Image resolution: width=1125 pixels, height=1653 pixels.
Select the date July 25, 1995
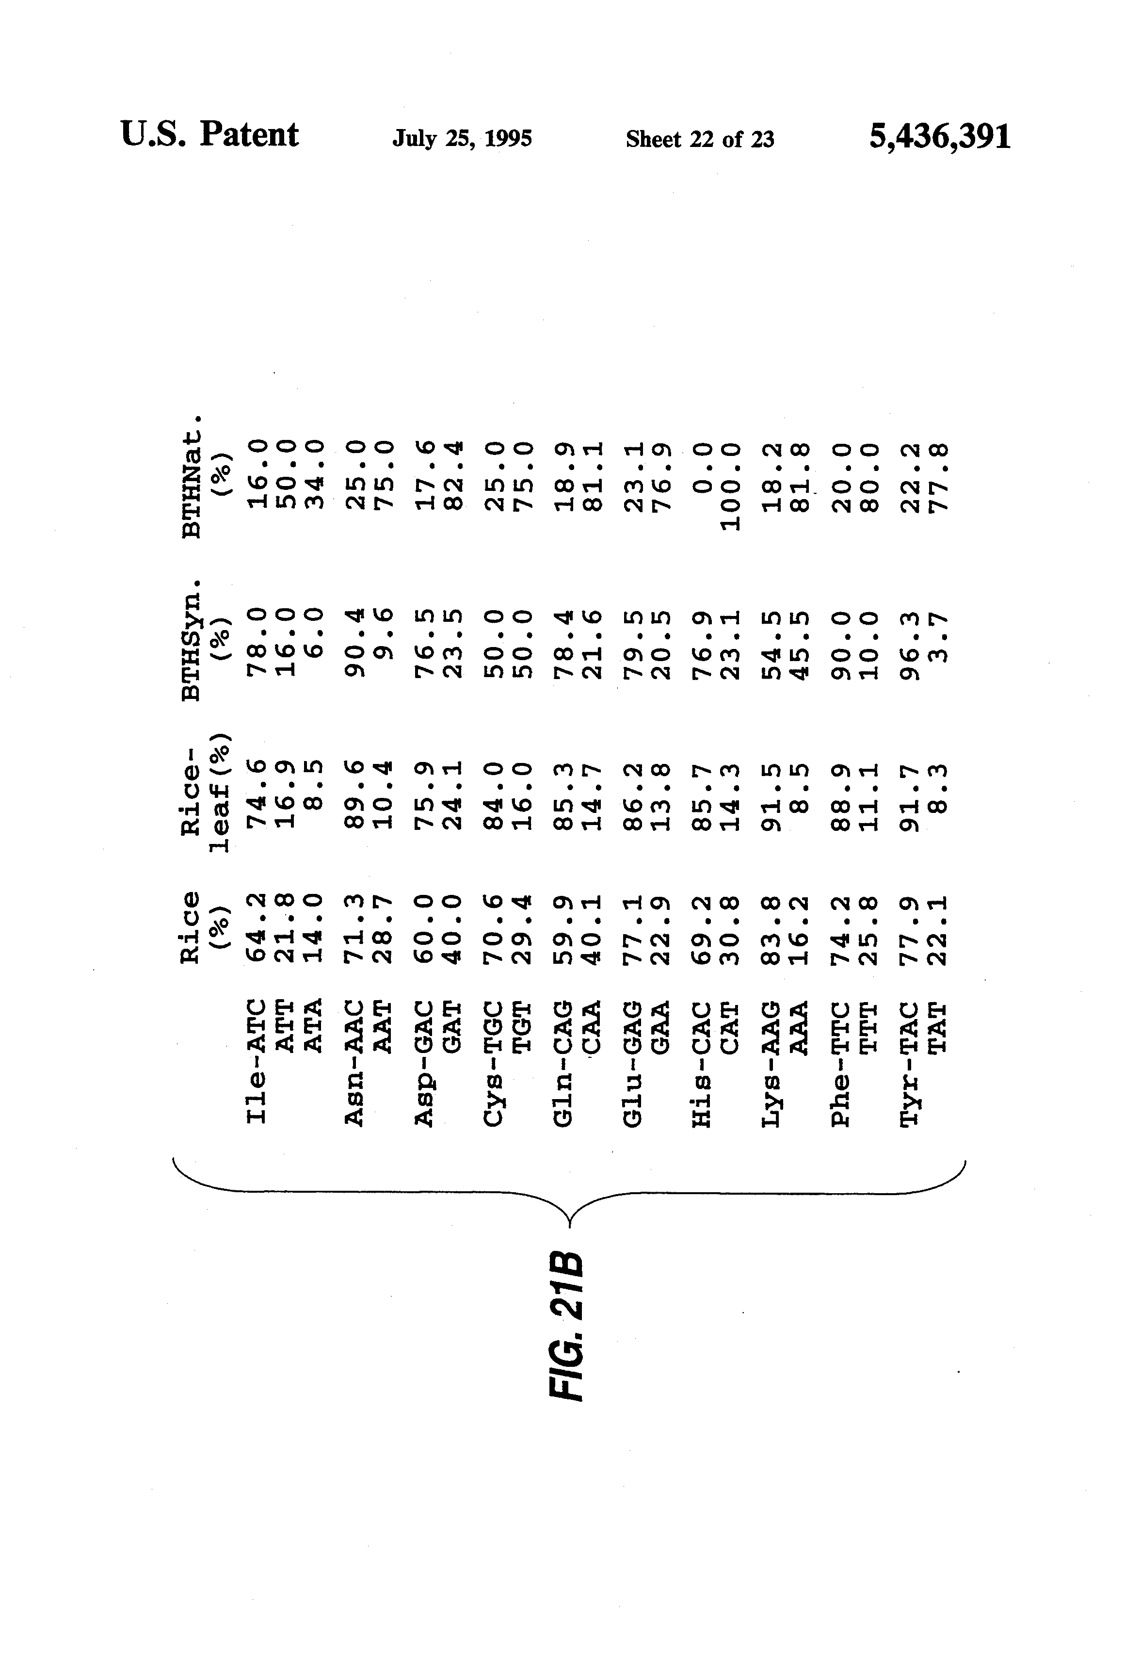click(462, 138)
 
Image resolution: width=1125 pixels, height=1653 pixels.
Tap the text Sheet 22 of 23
click(700, 139)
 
